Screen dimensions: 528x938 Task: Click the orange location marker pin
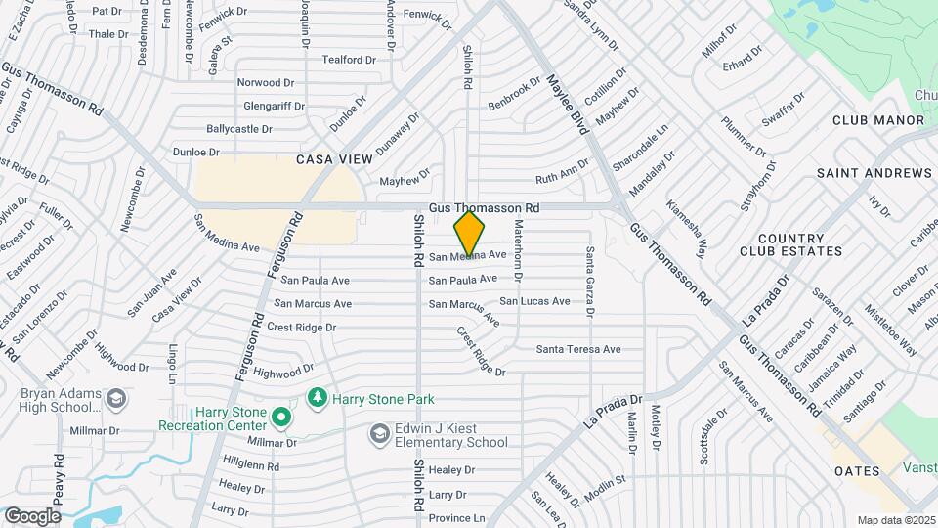(x=470, y=235)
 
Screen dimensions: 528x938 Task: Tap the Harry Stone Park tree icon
(x=317, y=397)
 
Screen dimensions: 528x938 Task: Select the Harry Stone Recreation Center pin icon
(x=281, y=418)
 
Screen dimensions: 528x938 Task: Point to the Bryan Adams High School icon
(x=116, y=399)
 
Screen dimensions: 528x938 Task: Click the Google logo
(x=33, y=515)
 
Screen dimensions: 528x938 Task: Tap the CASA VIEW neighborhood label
(x=334, y=159)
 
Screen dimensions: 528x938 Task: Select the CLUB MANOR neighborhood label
(x=877, y=120)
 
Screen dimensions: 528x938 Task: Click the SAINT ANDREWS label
(x=874, y=173)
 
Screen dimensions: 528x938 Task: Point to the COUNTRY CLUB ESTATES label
(x=799, y=244)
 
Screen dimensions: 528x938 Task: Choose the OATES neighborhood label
(x=855, y=471)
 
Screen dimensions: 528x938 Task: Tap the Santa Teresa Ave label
(x=578, y=349)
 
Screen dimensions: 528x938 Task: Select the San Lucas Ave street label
(x=534, y=301)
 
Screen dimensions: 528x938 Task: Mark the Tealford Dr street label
(x=349, y=60)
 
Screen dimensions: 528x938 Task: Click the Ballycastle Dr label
(x=239, y=129)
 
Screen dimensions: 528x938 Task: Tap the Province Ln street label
(x=456, y=518)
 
